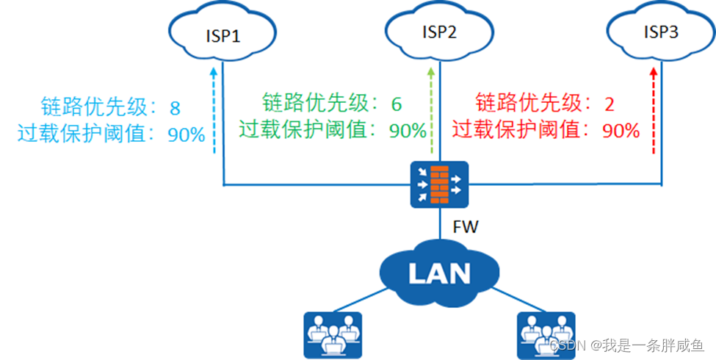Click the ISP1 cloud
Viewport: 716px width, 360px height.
221,35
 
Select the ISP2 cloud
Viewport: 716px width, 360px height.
440,32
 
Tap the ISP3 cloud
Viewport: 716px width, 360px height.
660,32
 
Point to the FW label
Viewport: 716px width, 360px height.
466,227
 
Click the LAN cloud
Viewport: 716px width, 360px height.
439,273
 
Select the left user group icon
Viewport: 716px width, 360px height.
333,334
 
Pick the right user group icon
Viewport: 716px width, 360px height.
547,334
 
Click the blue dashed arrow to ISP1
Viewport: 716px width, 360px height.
214,110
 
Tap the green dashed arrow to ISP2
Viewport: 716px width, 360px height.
432,110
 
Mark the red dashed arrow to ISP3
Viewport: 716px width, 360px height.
653,110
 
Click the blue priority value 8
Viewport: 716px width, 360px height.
175,109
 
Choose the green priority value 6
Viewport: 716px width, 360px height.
397,103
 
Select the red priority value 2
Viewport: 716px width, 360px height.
609,104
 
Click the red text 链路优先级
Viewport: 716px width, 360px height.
532,103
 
